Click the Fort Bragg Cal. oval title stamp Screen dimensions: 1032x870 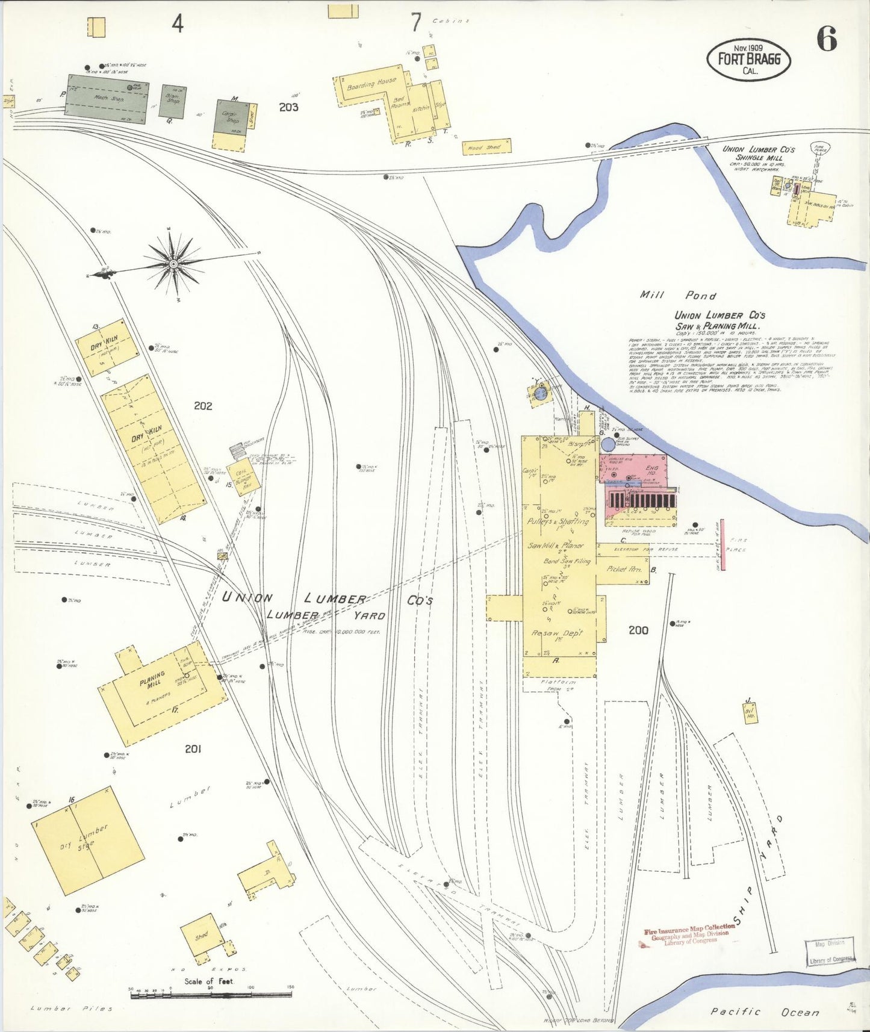tap(748, 60)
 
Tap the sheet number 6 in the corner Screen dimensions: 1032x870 tap(826, 40)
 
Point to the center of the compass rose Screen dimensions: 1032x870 tap(173, 264)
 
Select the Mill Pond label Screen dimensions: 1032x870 tap(677, 295)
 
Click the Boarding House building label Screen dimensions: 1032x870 tap(371, 84)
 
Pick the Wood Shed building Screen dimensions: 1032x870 tap(486, 147)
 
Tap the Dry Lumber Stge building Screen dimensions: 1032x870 tap(88, 841)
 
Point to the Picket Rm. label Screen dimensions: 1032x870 tap(624, 568)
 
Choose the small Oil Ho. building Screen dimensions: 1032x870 tap(750, 713)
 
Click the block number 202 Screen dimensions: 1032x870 tap(203, 406)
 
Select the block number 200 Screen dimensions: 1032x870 tap(638, 630)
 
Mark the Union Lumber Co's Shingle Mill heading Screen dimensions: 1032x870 tap(759, 153)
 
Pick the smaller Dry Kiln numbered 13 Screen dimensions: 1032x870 tap(107, 347)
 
